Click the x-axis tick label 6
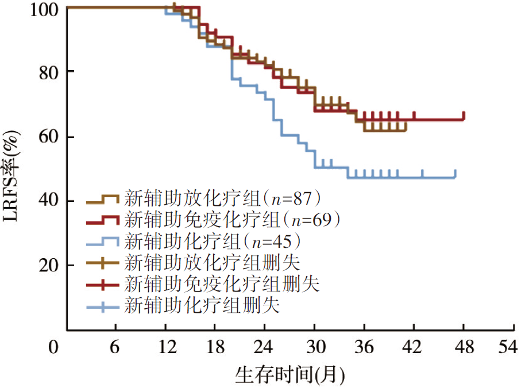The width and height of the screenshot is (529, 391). [116, 347]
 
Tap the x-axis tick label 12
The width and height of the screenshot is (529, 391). [165, 347]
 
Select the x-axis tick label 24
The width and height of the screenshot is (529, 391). [265, 347]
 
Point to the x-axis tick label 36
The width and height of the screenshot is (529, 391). [364, 347]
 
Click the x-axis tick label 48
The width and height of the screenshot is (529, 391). [464, 347]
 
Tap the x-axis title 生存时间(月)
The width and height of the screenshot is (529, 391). [289, 375]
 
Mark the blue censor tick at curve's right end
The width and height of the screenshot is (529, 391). [455, 173]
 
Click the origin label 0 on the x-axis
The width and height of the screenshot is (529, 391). [55, 347]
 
